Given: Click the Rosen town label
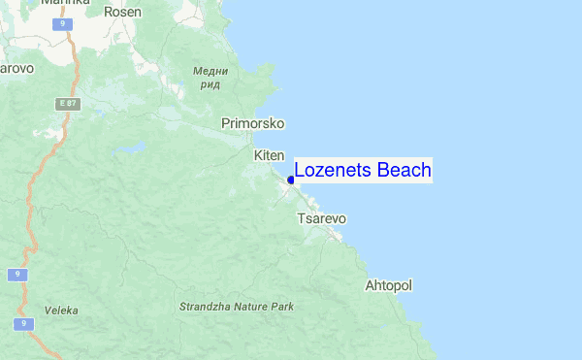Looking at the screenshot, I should click(x=122, y=13).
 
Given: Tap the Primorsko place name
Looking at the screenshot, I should click(x=252, y=123).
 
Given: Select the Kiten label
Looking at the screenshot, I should click(x=269, y=155).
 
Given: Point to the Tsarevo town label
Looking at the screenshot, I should click(x=321, y=218).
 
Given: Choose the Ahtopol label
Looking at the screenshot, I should click(x=388, y=286).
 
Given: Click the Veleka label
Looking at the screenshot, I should click(x=61, y=311).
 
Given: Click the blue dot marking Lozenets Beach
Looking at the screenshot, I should click(x=291, y=180).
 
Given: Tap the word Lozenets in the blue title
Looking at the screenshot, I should click(x=334, y=171).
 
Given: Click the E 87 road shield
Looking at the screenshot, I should click(x=67, y=102).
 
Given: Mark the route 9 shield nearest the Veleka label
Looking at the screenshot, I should click(x=20, y=323).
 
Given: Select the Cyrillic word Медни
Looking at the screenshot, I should click(x=210, y=71).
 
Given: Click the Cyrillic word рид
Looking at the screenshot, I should click(x=210, y=84).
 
